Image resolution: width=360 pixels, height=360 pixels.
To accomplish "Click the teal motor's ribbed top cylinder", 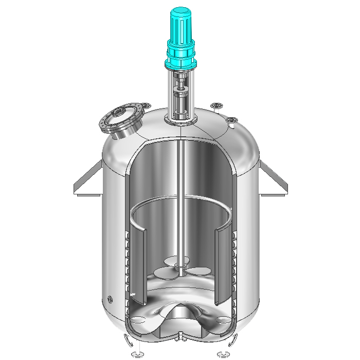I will point(181,26).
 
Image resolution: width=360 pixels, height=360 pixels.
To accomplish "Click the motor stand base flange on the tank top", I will point(181,121).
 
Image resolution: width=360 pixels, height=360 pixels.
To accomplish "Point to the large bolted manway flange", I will point(121,121).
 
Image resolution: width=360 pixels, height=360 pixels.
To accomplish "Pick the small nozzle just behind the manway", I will point(147,107).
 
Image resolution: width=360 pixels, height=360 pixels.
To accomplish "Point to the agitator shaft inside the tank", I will point(181,206).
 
